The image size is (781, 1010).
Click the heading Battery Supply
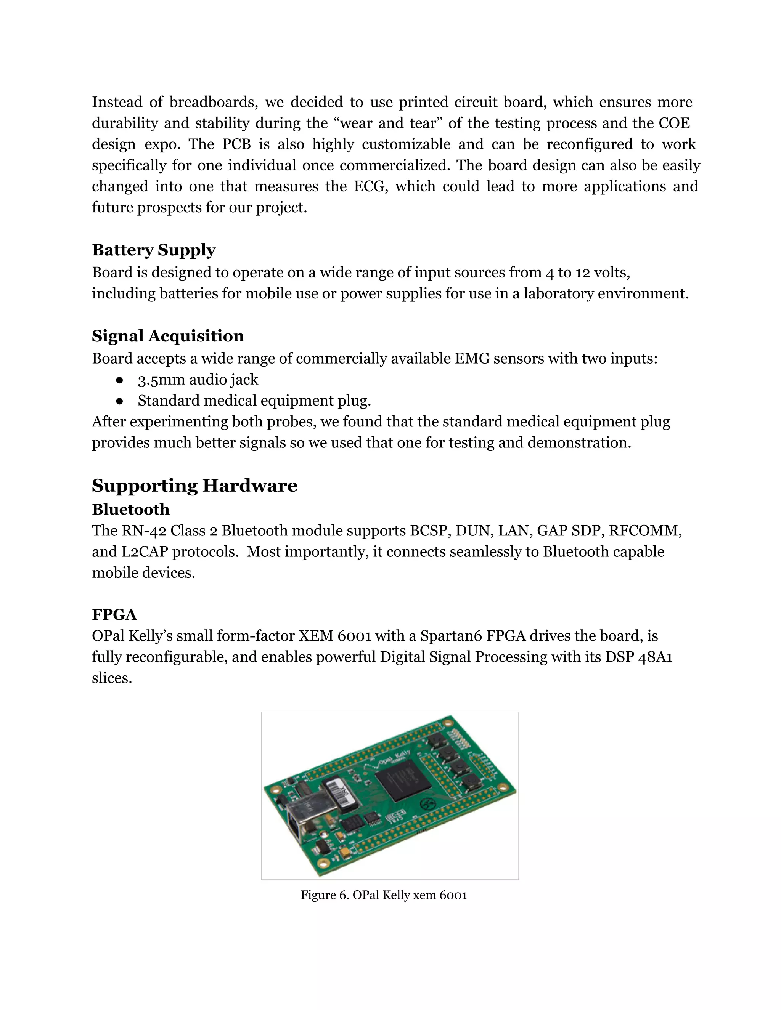pos(154,250)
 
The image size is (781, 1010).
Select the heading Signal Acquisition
pos(167,336)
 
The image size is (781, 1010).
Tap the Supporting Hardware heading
pos(194,486)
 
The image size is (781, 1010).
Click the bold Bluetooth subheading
pos(130,509)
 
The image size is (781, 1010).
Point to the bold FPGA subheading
pos(114,615)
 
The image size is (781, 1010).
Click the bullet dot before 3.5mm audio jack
pos(119,380)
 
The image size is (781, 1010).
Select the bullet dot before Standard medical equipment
pos(119,401)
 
